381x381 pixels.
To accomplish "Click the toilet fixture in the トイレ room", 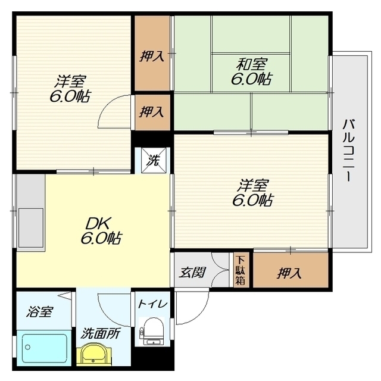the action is click(152, 331).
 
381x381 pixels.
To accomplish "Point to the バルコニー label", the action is click(348, 151).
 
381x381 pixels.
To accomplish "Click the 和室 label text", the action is click(252, 64).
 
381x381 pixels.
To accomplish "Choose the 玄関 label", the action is click(192, 272).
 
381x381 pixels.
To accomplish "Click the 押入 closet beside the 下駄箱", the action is click(291, 270).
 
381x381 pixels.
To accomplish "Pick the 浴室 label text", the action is click(40, 311).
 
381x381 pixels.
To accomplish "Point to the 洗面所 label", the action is click(100, 333).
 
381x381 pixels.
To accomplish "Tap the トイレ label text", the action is click(153, 304).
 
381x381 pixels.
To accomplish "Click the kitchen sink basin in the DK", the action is click(31, 227).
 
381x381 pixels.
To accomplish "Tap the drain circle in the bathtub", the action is click(28, 347).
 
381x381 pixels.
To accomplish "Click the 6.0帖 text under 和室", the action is click(252, 79).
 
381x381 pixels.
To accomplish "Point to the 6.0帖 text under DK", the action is click(101, 238).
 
